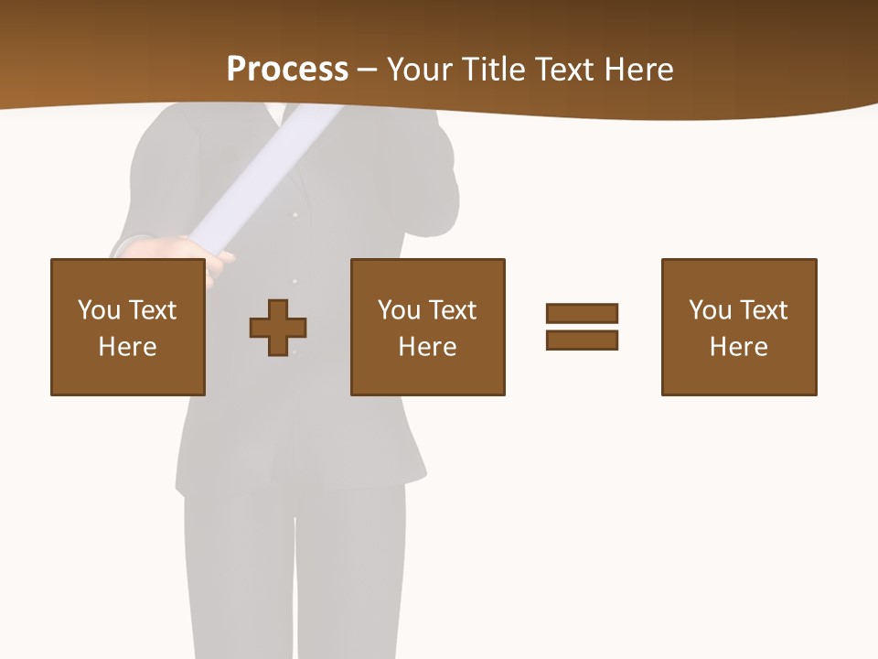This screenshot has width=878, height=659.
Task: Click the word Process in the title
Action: pos(287,70)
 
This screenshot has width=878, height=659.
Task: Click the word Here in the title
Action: pos(639,70)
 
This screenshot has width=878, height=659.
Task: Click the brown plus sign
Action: pos(278,328)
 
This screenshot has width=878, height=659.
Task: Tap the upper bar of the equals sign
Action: pos(582,313)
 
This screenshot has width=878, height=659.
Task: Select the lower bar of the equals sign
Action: pos(582,340)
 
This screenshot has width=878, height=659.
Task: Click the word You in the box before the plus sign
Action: pos(99,310)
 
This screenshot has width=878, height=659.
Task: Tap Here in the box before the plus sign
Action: pos(127,347)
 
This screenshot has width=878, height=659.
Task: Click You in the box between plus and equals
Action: pos(399,310)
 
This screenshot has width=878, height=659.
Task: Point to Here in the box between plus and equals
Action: pos(427,347)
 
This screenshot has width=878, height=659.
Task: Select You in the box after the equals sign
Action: pos(710,310)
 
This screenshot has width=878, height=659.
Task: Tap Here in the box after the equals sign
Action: pos(738,347)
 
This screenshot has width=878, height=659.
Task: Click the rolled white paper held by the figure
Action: pos(265,174)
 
